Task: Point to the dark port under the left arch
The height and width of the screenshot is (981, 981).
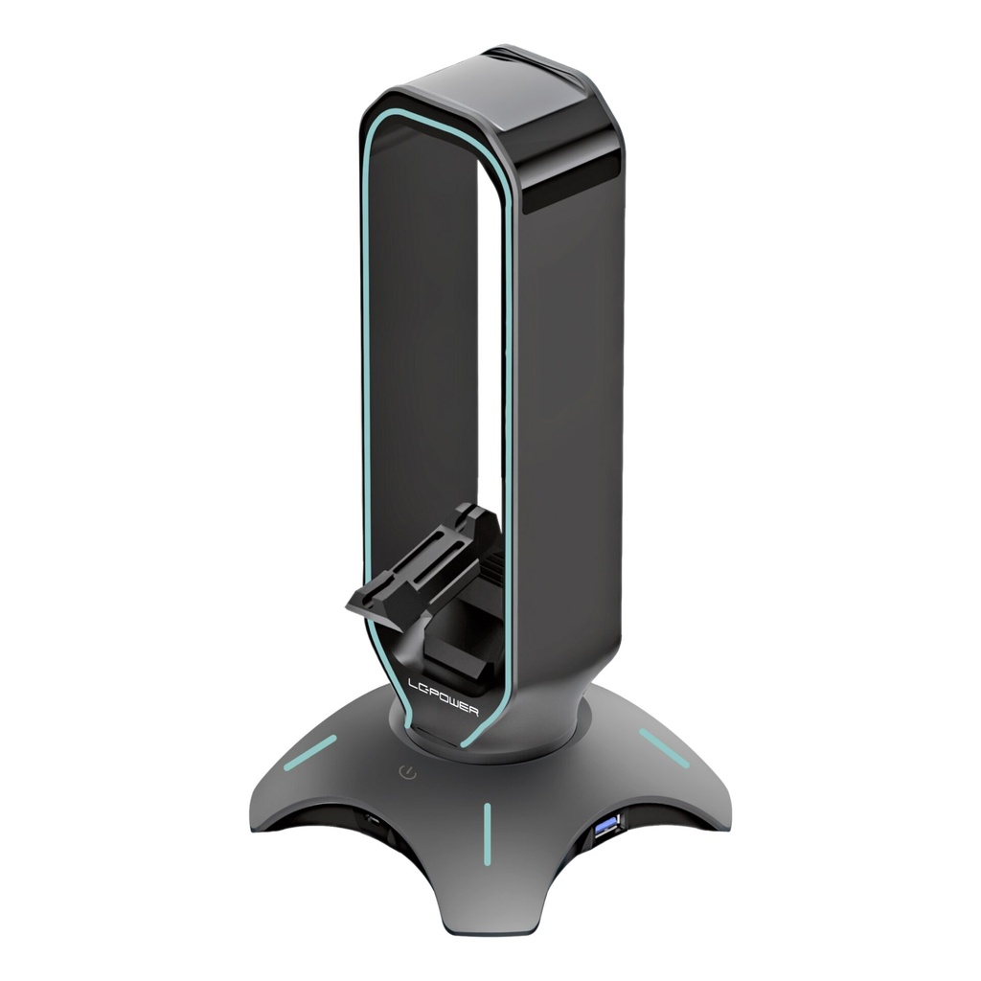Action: point(369,822)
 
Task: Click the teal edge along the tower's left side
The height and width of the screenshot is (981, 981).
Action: point(366,383)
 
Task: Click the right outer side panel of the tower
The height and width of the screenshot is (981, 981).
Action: point(584,431)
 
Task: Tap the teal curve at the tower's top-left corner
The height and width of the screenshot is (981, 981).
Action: point(378,120)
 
